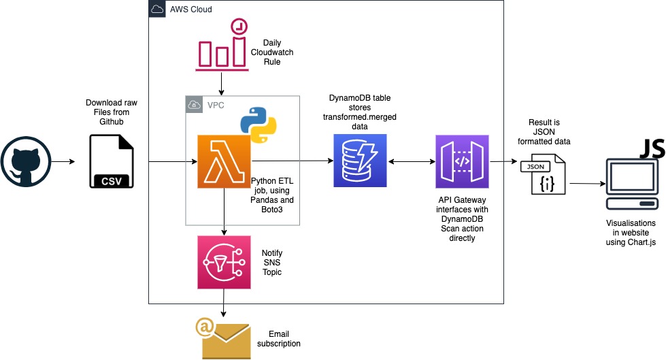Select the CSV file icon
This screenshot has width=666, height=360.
click(x=113, y=161)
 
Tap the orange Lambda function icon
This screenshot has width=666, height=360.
click(x=224, y=161)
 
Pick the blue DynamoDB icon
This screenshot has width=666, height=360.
click(x=360, y=161)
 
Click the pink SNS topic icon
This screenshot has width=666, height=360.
click(x=224, y=262)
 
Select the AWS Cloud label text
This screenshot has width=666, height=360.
click(x=190, y=10)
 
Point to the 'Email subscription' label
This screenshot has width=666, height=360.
click(x=278, y=338)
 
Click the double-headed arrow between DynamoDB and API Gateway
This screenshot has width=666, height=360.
click(x=410, y=161)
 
